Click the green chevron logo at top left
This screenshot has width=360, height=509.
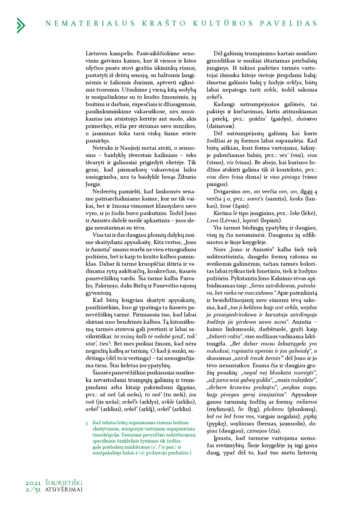[21, 25]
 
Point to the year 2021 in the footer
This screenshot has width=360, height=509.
[33, 483]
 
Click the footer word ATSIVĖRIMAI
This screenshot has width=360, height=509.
[63, 490]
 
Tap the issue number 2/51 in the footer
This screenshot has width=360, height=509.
[33, 490]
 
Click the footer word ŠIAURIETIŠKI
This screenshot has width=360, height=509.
[63, 483]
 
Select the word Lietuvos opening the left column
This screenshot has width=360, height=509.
[96, 53]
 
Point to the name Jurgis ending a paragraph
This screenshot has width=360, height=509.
[93, 184]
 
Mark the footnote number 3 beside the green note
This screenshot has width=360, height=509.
[87, 424]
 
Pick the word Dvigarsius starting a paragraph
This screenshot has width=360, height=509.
[227, 191]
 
